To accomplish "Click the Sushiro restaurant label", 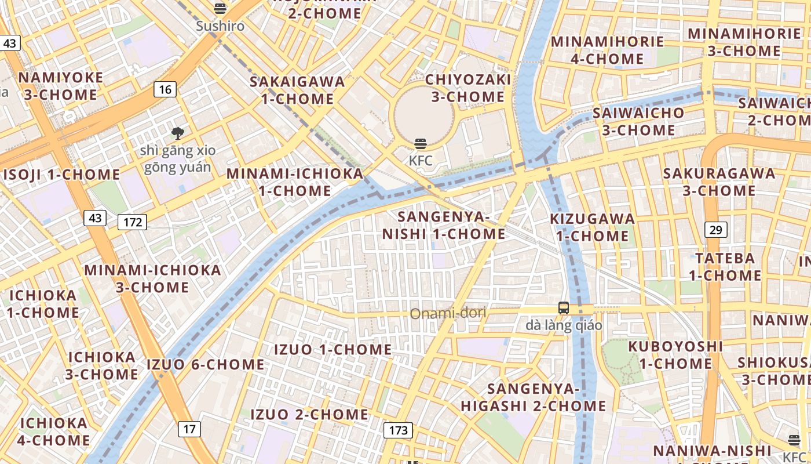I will click(x=220, y=26).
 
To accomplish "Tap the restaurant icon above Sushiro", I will click(x=220, y=8).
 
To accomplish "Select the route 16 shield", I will click(x=165, y=89).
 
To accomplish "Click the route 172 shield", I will click(x=133, y=222).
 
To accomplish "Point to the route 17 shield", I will click(x=189, y=429).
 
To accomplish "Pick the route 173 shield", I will click(x=398, y=430).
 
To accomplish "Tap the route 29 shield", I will click(x=716, y=230).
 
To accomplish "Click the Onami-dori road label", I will click(x=448, y=314).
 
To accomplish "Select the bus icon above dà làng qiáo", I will click(x=564, y=308).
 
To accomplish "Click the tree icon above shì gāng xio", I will click(x=177, y=133).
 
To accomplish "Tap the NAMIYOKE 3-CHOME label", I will click(x=61, y=86).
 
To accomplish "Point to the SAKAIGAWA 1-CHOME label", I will click(x=297, y=90).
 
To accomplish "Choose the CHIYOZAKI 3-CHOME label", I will click(x=468, y=88).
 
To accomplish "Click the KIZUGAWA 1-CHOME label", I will click(x=593, y=227).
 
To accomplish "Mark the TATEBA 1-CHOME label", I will click(x=725, y=266).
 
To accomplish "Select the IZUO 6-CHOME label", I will click(x=206, y=365).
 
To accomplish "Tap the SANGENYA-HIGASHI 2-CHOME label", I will click(x=534, y=397).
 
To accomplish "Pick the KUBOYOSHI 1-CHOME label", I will click(x=676, y=355).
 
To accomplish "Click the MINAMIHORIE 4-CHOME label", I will click(x=607, y=50).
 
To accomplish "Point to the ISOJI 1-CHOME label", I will click(x=61, y=175).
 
